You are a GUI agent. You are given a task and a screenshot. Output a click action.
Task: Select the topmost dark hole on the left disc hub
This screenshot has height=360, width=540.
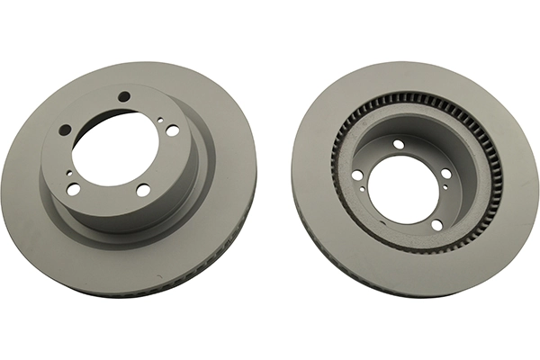(124, 97)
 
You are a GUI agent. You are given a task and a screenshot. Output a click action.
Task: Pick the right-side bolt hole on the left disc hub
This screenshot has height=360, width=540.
(172, 130)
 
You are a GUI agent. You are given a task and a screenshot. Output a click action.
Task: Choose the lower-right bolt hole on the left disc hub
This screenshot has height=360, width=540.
(143, 190)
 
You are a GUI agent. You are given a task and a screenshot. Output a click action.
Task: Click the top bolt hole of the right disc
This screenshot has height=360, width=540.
(399, 144)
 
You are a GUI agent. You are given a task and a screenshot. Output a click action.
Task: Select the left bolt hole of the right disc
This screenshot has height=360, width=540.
(357, 175)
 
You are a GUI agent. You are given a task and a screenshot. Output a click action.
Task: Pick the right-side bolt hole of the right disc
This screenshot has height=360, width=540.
(446, 174)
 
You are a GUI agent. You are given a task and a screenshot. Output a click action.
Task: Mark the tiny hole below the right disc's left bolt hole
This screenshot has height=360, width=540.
(360, 190)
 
